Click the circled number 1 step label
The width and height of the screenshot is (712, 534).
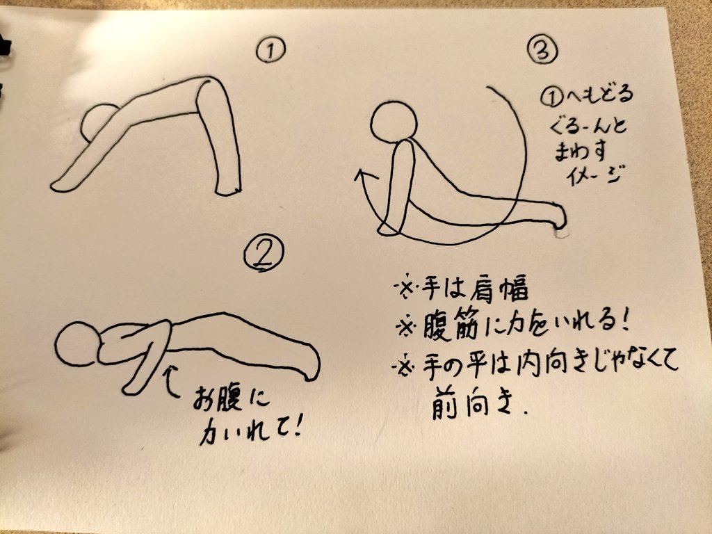pyautogui.click(x=270, y=49)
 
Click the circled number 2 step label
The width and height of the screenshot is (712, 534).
pyautogui.click(x=264, y=254)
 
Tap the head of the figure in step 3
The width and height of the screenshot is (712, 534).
pyautogui.click(x=394, y=121)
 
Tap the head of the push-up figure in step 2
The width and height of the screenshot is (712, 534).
pyautogui.click(x=77, y=343)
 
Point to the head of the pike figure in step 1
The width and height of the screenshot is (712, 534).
pyautogui.click(x=97, y=122)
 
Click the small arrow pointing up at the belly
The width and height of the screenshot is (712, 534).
pyautogui.click(x=170, y=382)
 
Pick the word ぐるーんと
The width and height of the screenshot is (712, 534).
pyautogui.click(x=588, y=124)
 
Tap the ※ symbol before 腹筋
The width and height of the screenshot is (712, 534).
pyautogui.click(x=406, y=327)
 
